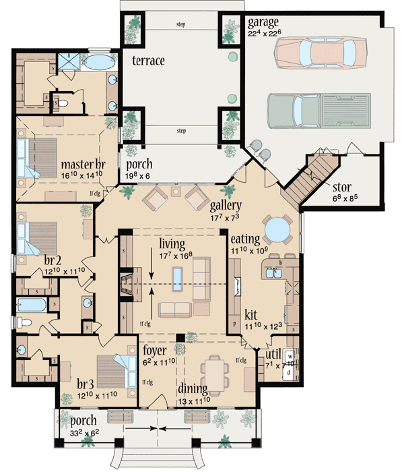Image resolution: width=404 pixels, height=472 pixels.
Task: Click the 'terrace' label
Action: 149,60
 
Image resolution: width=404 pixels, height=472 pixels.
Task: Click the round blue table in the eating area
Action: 277,230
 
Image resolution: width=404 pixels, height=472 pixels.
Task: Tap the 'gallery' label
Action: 226,204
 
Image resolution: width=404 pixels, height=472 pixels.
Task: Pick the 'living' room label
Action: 173,241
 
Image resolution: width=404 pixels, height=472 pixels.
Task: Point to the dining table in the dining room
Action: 216,373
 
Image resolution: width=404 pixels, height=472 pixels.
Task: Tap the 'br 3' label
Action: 75,386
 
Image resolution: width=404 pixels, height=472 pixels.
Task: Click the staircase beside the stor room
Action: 311,177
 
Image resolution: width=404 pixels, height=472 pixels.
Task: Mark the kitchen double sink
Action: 275,274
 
